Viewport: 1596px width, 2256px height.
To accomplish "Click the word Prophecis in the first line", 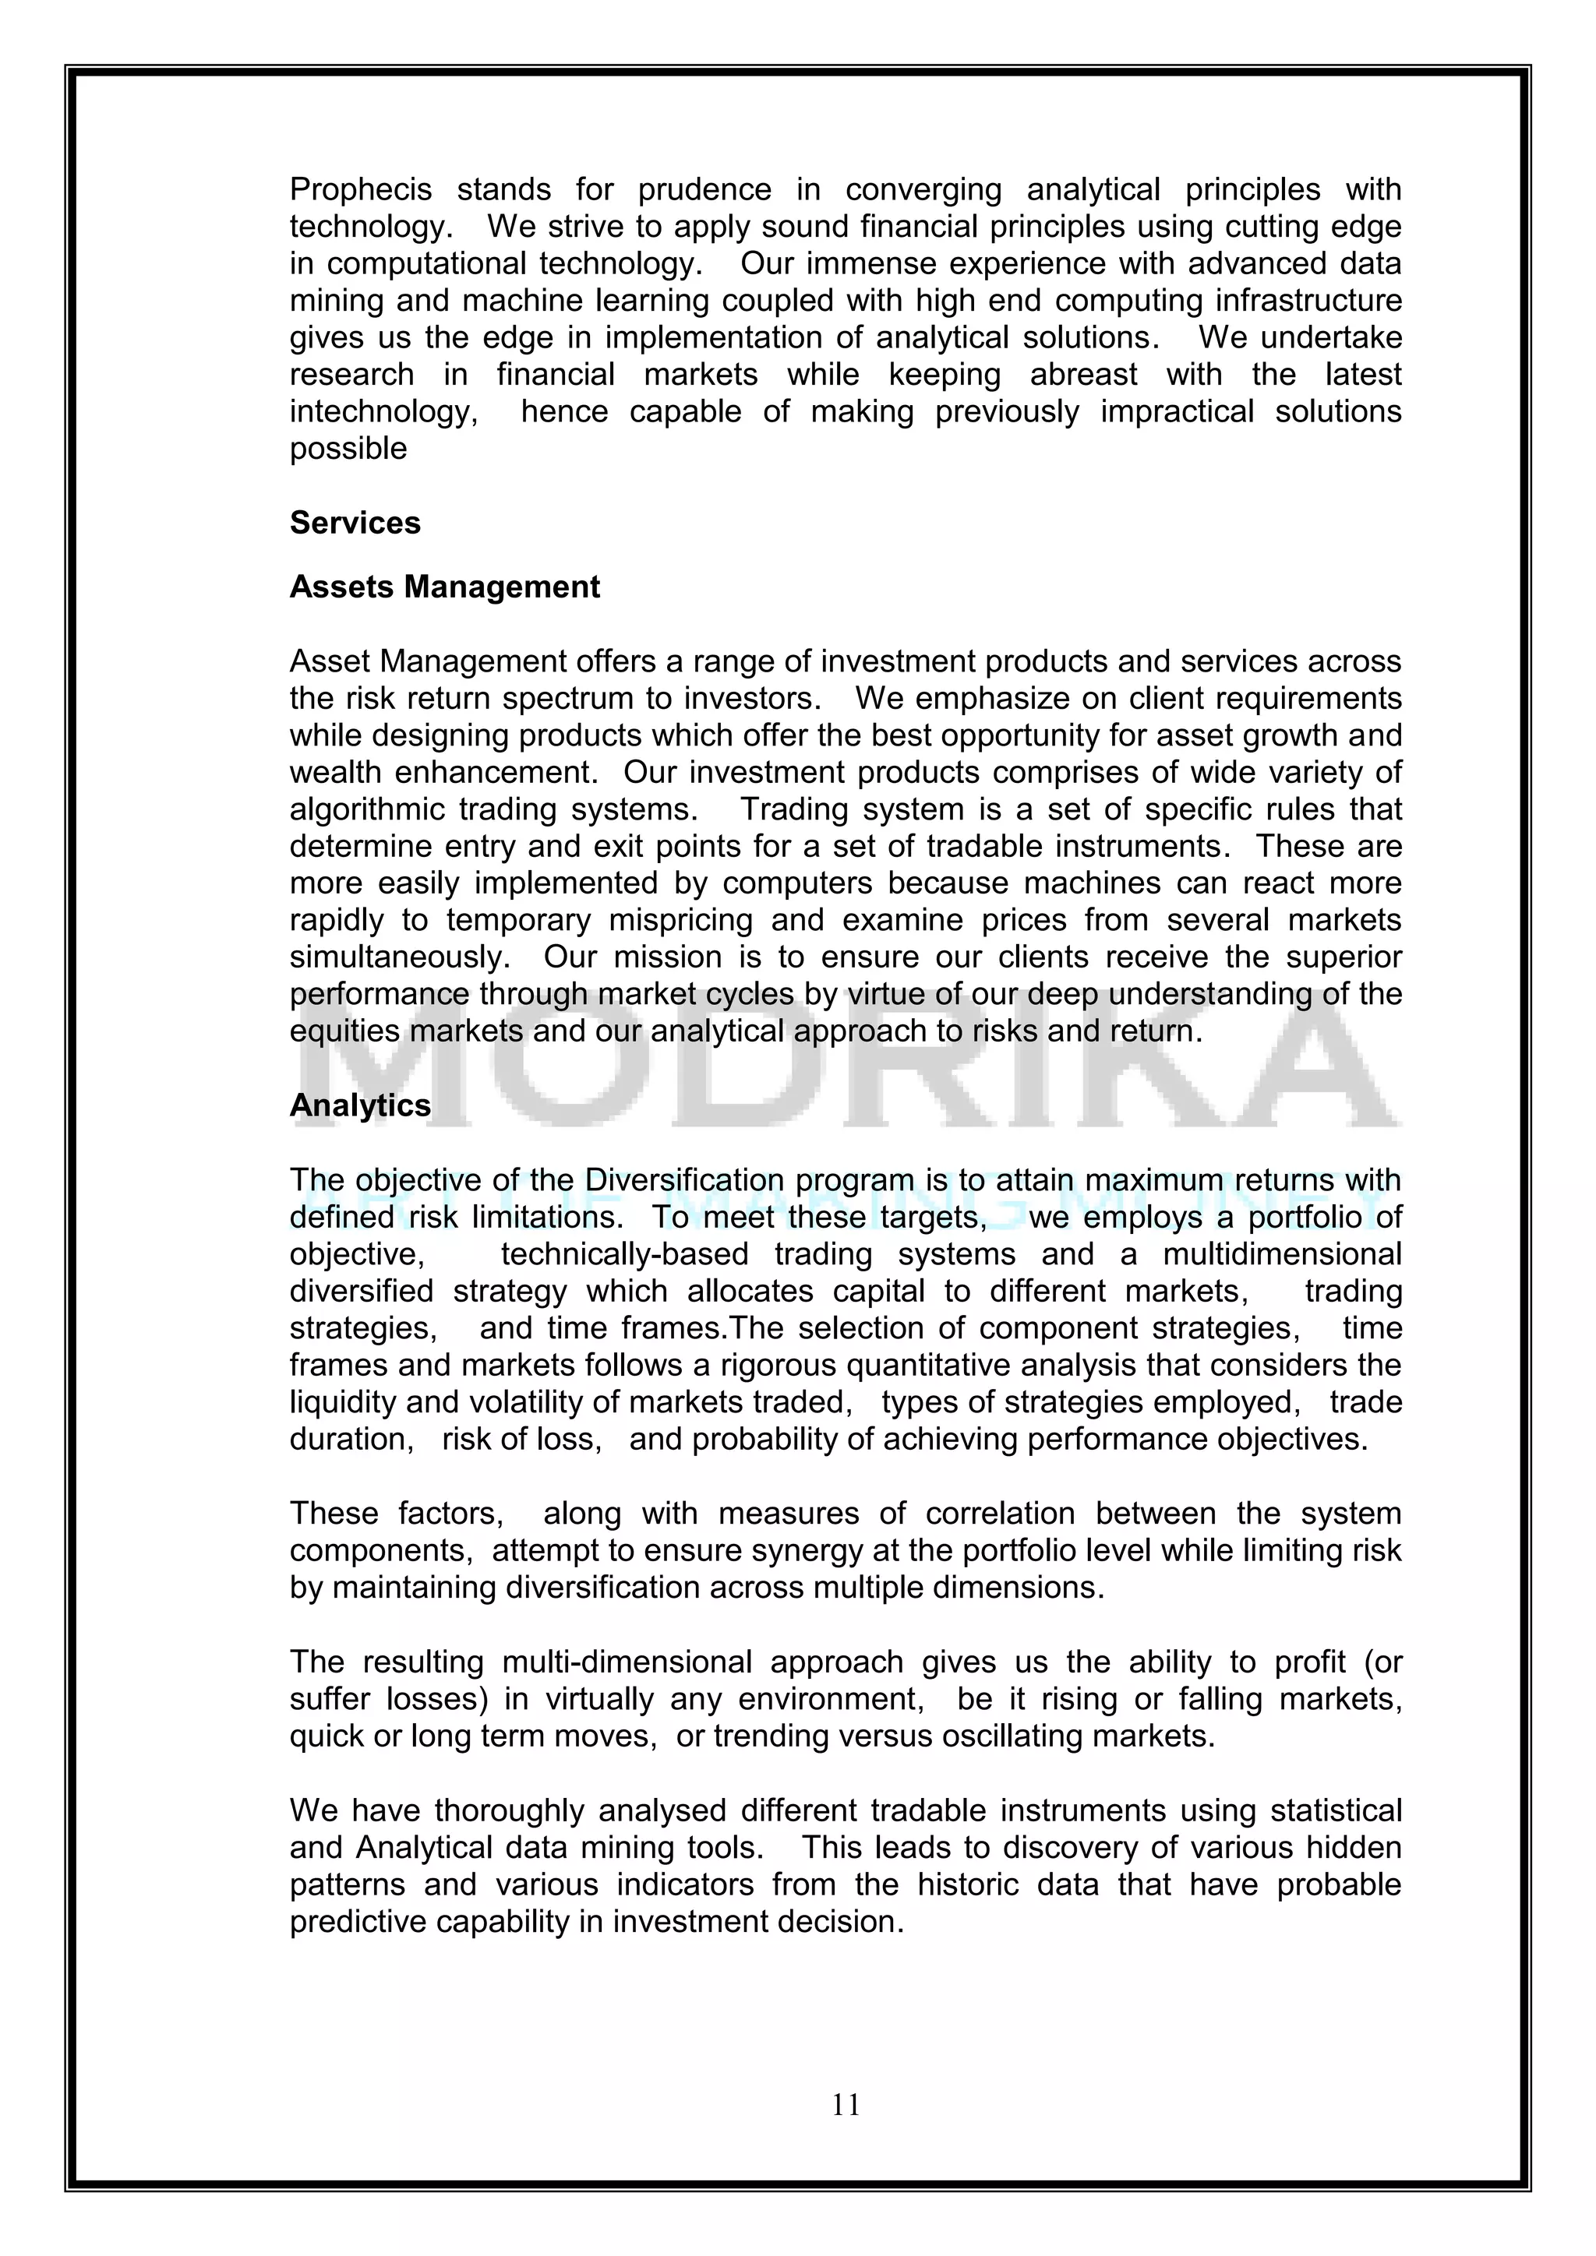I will pos(361,189).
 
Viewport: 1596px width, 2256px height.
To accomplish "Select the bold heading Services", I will pos(355,523).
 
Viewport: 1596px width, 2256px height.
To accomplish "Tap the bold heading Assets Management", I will pos(444,587).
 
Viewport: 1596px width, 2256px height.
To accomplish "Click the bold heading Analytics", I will pos(360,1105).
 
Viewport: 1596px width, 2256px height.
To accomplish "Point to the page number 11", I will pos(846,2105).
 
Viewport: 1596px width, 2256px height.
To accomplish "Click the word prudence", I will pos(704,189).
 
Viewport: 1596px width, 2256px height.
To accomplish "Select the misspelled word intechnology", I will pos(383,411).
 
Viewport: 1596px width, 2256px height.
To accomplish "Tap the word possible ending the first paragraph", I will pos(348,449).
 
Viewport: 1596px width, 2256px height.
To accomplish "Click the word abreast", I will pos(1083,375).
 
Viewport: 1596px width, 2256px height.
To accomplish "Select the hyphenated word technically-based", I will pos(624,1255).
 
